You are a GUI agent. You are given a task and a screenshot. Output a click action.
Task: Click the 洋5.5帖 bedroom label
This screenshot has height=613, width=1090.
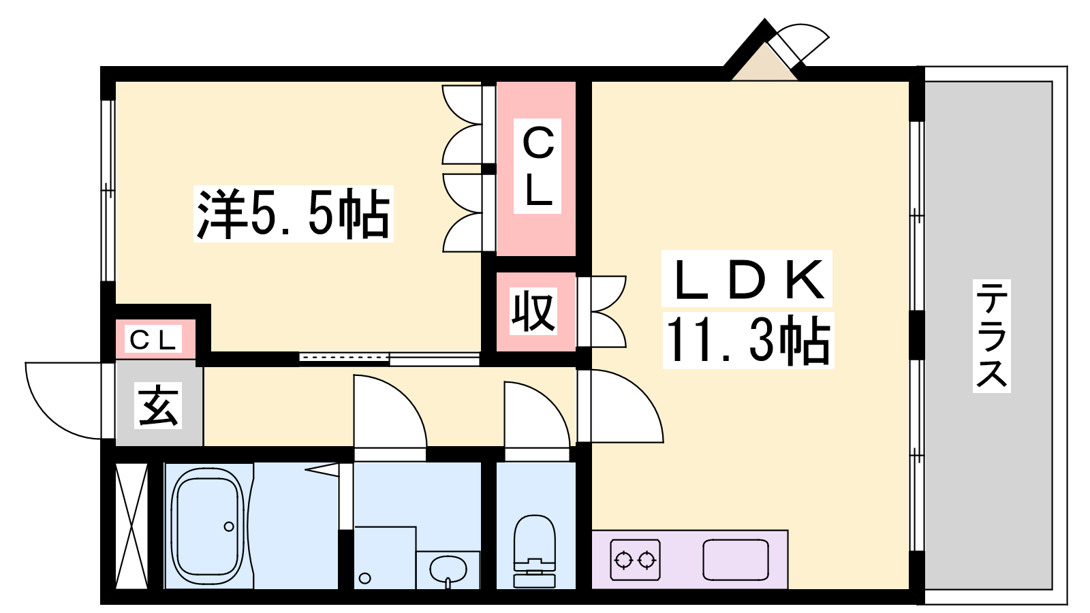[293, 213]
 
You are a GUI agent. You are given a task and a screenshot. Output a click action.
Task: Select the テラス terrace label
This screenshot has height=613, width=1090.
[991, 336]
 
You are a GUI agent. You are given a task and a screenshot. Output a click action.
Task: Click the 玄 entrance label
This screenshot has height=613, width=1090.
[159, 406]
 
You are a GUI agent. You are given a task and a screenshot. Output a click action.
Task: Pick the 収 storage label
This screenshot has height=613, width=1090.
[535, 311]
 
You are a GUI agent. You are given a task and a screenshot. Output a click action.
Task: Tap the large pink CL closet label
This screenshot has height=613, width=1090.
[538, 167]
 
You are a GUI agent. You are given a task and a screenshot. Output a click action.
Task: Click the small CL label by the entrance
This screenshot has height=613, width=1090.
[153, 340]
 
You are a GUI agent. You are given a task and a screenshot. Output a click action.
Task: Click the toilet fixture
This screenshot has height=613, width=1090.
[535, 550]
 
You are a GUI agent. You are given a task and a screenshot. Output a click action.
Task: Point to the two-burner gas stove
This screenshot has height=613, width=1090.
[635, 560]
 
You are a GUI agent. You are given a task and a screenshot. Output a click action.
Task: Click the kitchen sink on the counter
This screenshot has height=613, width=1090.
[736, 560]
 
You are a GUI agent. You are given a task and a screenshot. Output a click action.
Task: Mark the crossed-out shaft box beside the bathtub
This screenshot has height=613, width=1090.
[131, 525]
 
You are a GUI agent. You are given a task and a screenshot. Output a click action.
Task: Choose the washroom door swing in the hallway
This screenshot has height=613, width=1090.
[388, 413]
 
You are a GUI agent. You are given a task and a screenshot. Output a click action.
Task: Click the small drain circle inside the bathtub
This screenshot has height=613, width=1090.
[229, 526]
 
